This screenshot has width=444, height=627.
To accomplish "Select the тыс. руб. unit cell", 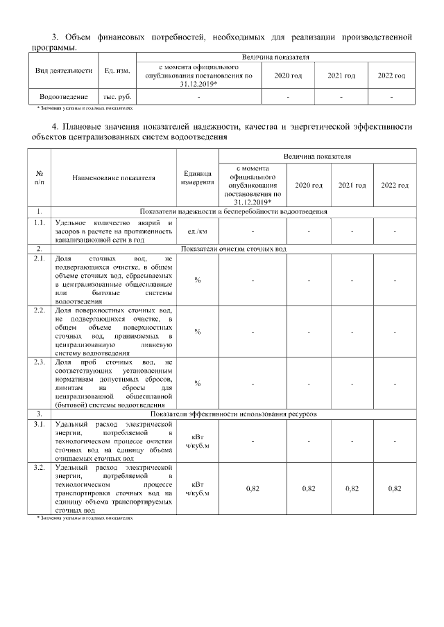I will tap(117, 98).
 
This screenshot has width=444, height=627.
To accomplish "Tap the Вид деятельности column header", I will tap(64, 71).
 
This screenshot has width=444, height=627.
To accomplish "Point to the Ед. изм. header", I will tap(117, 71).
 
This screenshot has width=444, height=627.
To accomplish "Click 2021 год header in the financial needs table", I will tap(341, 75).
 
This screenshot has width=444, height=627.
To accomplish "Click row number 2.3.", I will tap(40, 362).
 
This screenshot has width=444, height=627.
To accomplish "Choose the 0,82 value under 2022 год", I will tap(395, 488).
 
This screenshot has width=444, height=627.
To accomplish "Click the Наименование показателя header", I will tap(114, 178).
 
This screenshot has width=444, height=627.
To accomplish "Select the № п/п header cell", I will tap(40, 178).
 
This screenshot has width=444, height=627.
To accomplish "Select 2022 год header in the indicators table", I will tap(395, 186).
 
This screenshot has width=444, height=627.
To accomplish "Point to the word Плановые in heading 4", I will tap(81, 127).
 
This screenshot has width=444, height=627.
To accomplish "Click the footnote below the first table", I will tap(84, 109).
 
